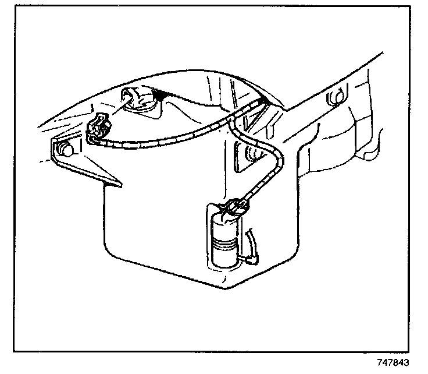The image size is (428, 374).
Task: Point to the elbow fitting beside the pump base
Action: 254,255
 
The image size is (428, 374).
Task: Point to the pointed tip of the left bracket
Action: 119,185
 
